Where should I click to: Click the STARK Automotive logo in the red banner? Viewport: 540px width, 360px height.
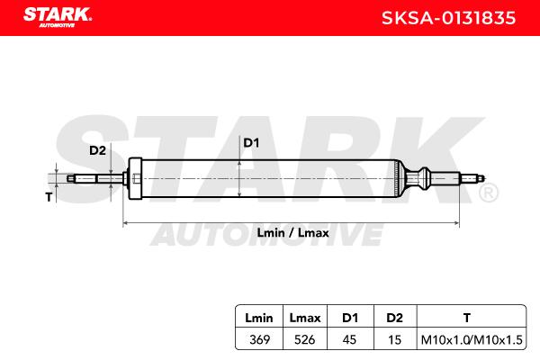coord(58,17)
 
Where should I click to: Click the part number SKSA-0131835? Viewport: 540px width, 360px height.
coord(448,18)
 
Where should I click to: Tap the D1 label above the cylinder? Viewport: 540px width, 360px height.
coord(251,142)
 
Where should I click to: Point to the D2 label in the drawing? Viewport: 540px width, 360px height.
coord(97,150)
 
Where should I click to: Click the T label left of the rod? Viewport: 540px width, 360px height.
coord(49,197)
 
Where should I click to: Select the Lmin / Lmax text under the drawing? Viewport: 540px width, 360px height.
coord(292,233)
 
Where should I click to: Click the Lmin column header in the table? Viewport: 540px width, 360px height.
coord(259,318)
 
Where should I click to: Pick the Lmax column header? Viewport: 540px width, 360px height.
coord(305,318)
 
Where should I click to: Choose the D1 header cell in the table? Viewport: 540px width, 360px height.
coord(350,318)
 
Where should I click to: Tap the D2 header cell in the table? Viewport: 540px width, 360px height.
coord(394,318)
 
